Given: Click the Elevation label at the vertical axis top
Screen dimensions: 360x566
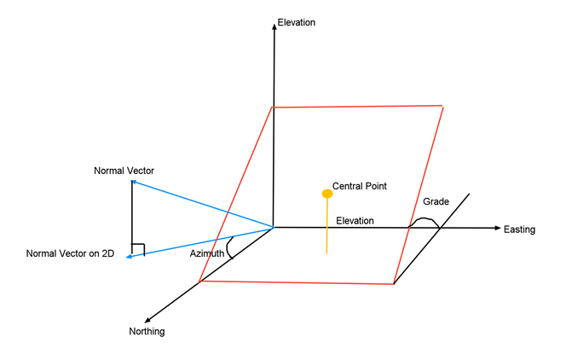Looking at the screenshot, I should tap(297, 22).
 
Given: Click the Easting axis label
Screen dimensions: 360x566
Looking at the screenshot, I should tap(520, 229).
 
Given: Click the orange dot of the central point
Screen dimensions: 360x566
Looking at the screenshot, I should tap(326, 194).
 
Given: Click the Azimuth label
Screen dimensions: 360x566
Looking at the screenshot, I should tap(207, 253).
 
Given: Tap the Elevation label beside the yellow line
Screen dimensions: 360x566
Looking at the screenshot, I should tap(355, 221).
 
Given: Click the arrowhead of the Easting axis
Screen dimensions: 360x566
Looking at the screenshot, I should tap(495, 228).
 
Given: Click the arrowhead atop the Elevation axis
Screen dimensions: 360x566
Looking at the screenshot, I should tap(274, 26).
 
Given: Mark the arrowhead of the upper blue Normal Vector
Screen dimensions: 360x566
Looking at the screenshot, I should tap(132, 181).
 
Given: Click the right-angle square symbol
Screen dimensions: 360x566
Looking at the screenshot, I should tap(138, 249).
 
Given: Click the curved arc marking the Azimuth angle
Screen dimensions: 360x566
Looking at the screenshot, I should tap(230, 247).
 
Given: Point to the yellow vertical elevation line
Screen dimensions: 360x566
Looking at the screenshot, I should tap(326, 230).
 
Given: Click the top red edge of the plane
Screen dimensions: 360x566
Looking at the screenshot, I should tap(358, 107).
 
